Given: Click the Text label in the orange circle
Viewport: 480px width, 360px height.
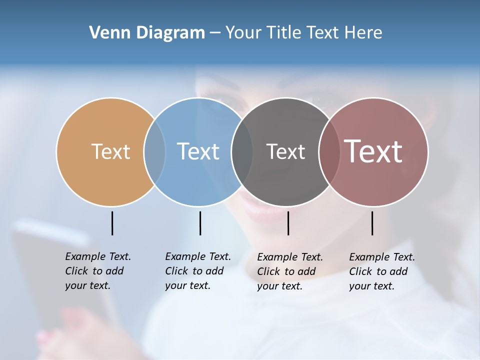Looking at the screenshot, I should pos(110,151).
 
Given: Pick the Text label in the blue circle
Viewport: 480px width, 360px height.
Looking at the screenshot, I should pos(198,151).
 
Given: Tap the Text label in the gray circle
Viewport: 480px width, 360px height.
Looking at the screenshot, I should pos(285,151).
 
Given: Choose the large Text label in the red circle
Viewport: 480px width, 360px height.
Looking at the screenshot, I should pos(373,151).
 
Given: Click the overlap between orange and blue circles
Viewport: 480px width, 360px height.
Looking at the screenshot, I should pos(154,151).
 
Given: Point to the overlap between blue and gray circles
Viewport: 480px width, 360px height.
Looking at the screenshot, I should pos(242,151).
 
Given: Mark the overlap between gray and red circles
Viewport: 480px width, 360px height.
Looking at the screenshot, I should pos(329,151).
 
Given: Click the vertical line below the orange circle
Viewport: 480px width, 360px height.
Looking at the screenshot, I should pos(112,223).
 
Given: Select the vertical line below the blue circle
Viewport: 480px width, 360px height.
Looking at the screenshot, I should pos(200,223).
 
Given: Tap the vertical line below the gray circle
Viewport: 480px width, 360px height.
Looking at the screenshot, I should pos(288,223).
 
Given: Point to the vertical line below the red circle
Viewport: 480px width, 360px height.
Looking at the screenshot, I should pos(372,223).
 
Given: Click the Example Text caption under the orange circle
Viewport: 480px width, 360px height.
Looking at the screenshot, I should pos(97,271).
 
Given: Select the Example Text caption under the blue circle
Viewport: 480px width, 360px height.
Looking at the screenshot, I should pos(197,271).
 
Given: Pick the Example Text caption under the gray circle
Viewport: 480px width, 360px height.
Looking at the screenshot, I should pos(289,271).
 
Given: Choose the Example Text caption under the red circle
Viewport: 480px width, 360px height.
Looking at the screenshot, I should pos(381,271).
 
